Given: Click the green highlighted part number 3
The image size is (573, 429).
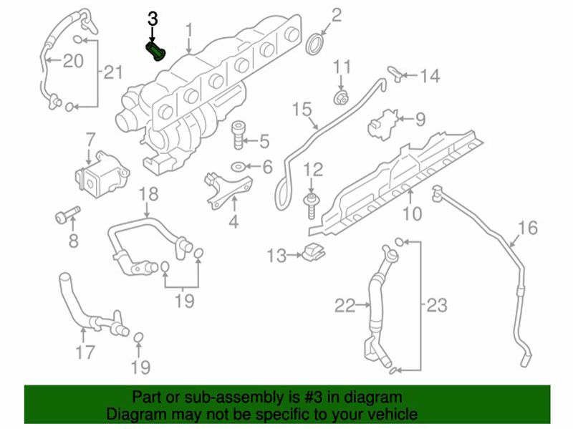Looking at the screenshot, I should click(x=155, y=52).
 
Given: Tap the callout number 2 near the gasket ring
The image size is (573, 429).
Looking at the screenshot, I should click(x=336, y=14).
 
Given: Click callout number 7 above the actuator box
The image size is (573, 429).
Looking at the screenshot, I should click(x=90, y=138).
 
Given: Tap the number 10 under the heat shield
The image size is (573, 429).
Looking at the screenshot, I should click(x=412, y=213).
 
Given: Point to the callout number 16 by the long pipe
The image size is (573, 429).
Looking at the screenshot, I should click(x=527, y=228).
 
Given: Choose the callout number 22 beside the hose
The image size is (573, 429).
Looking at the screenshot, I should click(x=345, y=306).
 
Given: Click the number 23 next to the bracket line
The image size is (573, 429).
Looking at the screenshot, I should click(x=436, y=306).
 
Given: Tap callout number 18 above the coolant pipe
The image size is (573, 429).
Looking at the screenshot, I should click(x=147, y=193).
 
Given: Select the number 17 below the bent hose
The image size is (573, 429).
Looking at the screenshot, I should click(x=85, y=352).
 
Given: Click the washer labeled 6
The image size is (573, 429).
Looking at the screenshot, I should click(x=236, y=168).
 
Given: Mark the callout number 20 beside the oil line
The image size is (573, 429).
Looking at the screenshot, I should click(x=72, y=60).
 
